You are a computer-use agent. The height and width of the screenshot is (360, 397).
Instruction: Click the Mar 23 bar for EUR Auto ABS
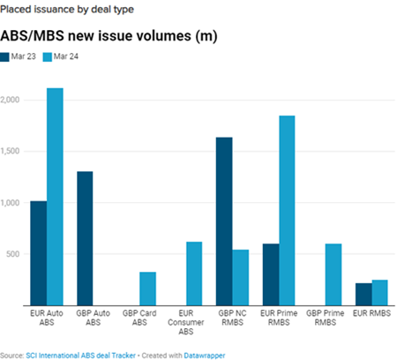tap(38, 252)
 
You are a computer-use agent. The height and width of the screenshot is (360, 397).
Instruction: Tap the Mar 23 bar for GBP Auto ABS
tap(85, 237)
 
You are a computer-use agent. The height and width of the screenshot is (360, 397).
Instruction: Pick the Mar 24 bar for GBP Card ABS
tap(148, 288)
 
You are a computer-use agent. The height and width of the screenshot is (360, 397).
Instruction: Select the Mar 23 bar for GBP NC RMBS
tap(224, 221)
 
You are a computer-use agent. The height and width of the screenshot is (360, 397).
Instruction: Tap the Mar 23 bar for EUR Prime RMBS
tap(271, 274)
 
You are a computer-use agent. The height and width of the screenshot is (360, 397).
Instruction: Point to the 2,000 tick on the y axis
tap(12, 100)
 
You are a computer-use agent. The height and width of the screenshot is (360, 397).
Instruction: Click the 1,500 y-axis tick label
tap(12, 151)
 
